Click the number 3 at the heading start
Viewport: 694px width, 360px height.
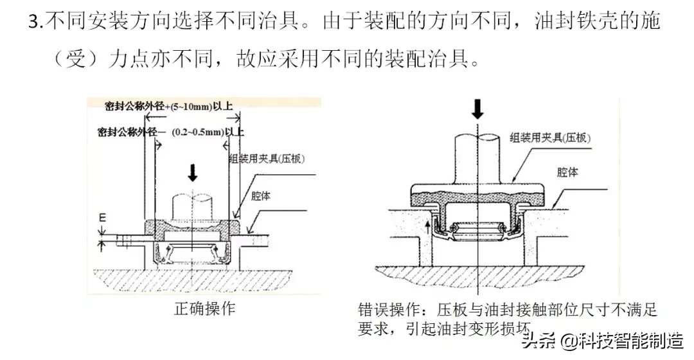point(34,22)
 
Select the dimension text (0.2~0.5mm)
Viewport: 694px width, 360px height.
point(193,132)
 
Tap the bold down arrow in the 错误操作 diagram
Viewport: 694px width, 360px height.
point(477,109)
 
